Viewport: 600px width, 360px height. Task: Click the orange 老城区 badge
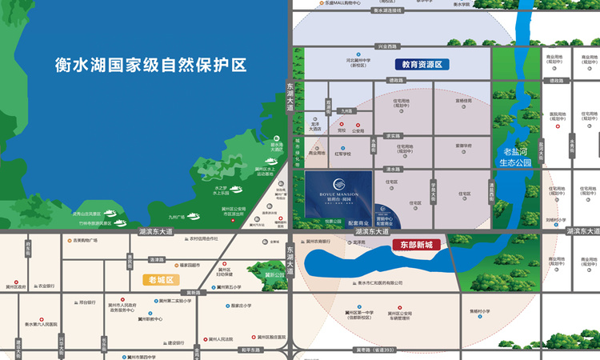[x=161, y=280]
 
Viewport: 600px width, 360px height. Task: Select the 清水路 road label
[x=392, y=170]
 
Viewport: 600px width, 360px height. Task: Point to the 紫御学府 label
[x=465, y=146]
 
